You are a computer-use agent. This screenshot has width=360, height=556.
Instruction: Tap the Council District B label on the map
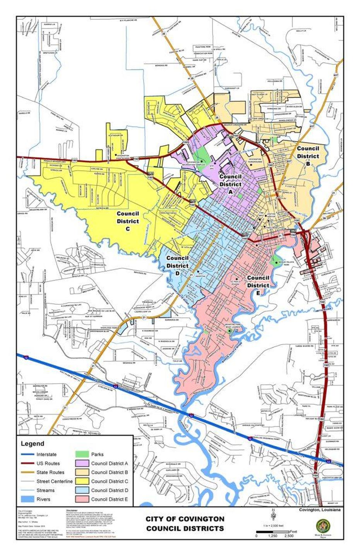308,152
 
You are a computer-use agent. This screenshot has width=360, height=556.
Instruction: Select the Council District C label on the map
128,221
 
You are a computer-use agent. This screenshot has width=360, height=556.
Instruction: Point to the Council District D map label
177,266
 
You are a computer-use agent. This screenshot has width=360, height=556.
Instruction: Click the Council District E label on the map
258,281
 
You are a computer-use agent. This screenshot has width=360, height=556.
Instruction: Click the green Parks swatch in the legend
81,454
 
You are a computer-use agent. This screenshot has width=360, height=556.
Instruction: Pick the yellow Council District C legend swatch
81,481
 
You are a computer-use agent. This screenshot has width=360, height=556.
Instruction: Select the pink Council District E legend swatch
81,499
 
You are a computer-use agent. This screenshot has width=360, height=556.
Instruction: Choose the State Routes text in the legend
50,472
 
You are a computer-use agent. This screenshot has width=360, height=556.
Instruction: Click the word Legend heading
33,444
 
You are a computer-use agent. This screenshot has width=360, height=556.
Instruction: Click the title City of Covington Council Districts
185,523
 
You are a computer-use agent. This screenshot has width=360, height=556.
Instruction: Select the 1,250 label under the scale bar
273,536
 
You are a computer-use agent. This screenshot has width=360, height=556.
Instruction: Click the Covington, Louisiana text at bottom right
320,510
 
